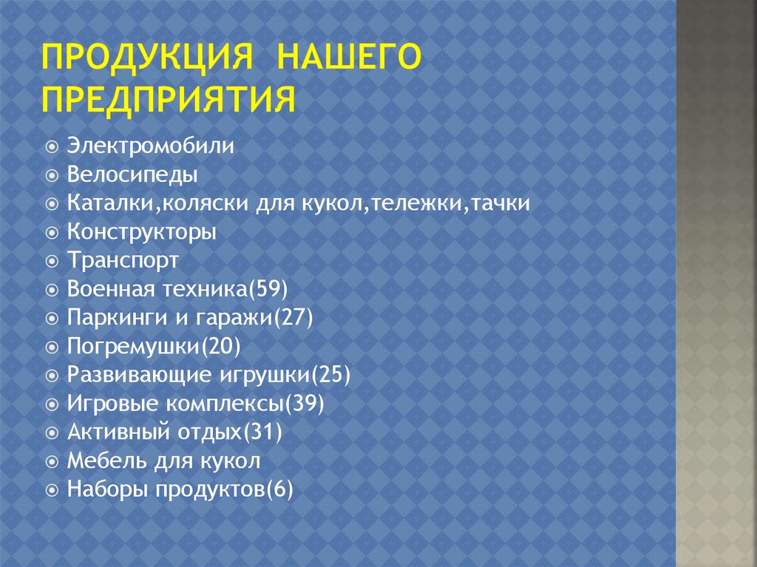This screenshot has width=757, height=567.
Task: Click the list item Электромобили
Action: click(151, 146)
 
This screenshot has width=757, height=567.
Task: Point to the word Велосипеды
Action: click(132, 174)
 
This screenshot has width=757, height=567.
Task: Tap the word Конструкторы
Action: click(142, 232)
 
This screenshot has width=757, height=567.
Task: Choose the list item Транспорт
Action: click(123, 260)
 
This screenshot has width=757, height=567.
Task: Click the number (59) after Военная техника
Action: click(267, 289)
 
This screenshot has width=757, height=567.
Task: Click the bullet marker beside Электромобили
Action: click(51, 146)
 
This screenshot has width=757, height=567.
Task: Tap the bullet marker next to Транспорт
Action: click(51, 261)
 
